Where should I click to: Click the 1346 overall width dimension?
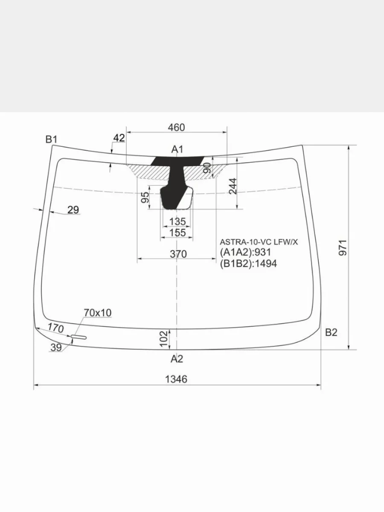click(176, 379)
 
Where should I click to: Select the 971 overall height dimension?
click(343, 248)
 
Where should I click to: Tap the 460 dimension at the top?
click(177, 128)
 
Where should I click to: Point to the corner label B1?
click(51, 140)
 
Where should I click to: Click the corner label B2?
click(331, 332)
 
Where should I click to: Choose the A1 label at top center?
click(177, 149)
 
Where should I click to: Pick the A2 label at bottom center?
click(177, 359)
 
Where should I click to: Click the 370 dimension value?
click(178, 254)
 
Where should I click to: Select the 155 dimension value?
click(177, 233)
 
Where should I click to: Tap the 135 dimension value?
click(177, 221)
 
